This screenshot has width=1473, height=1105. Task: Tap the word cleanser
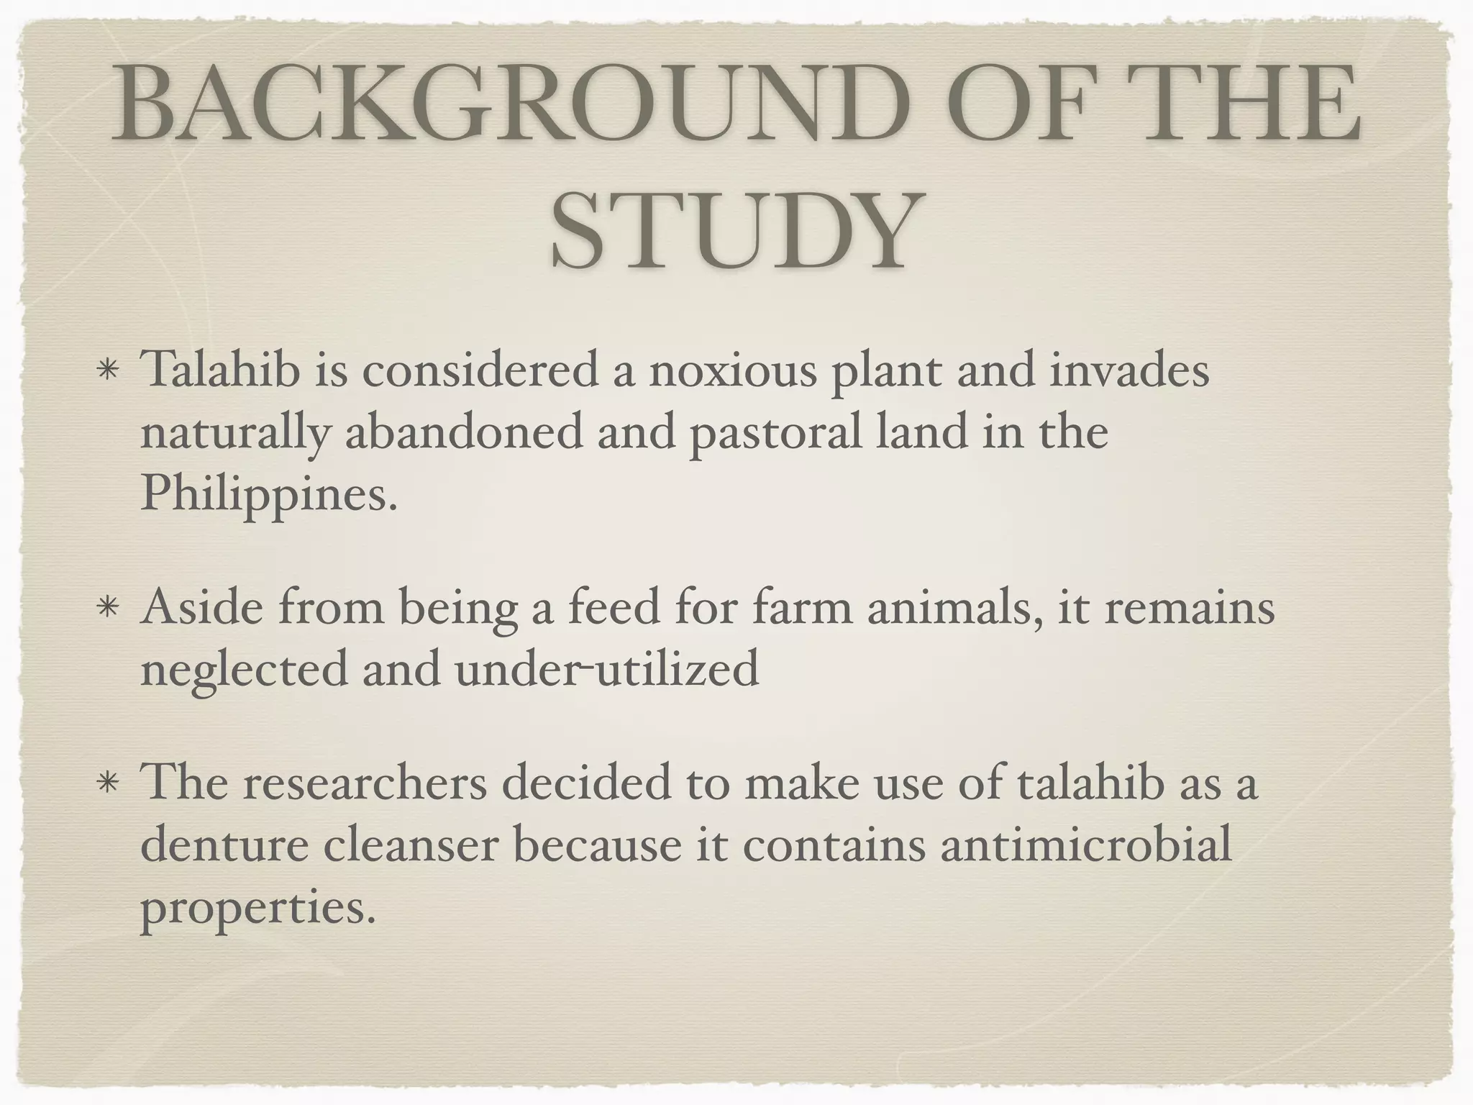pos(411,845)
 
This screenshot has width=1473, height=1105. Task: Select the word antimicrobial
pos(1086,845)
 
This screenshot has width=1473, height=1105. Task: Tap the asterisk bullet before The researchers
pos(107,784)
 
